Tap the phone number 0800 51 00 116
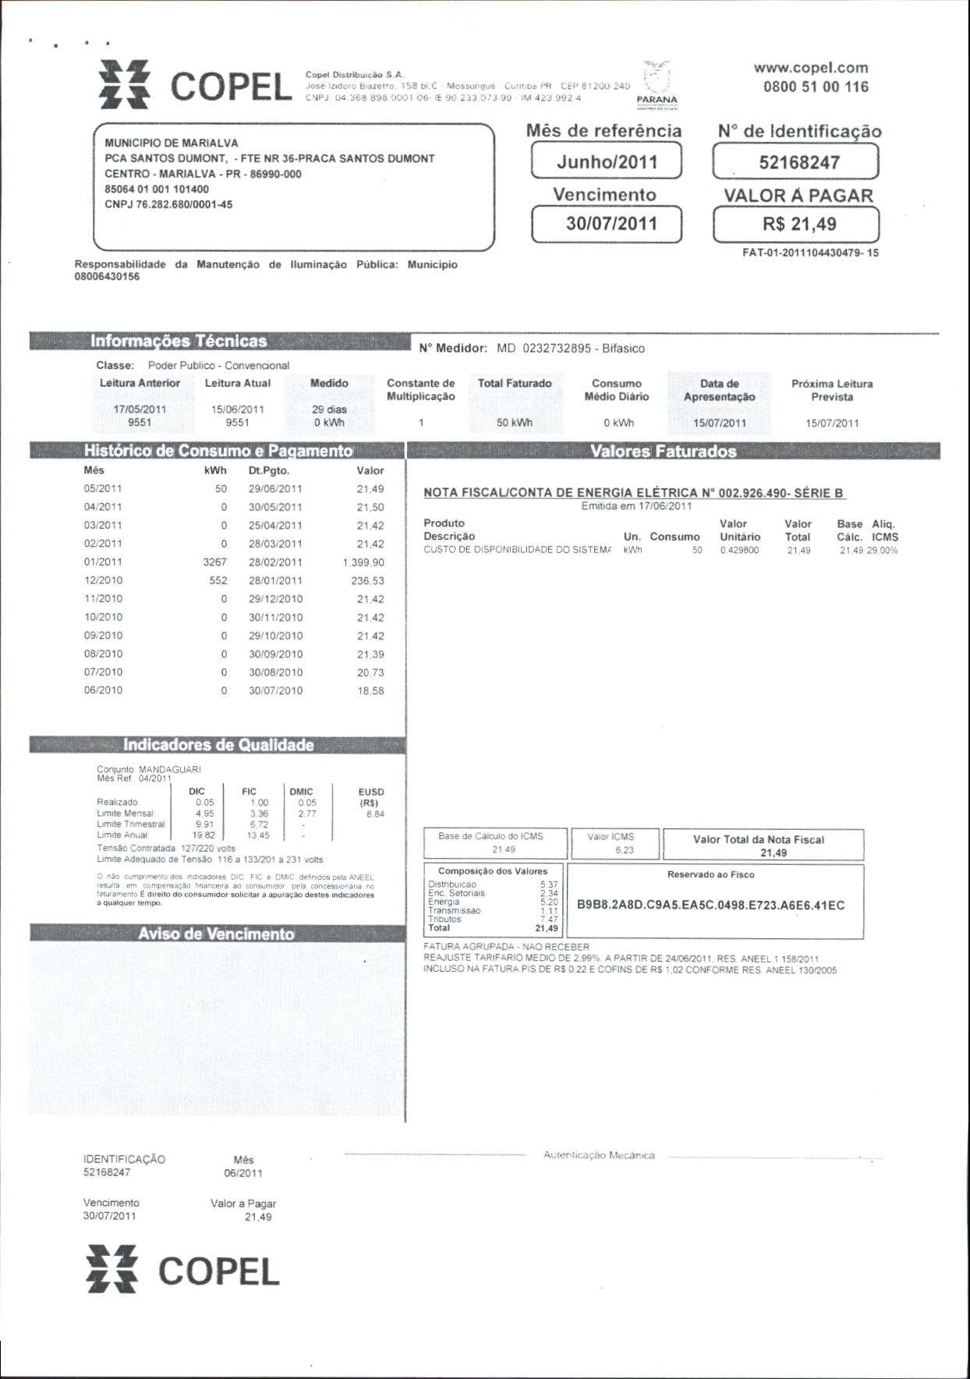(x=816, y=87)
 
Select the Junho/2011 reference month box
(x=607, y=162)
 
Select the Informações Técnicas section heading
(x=179, y=342)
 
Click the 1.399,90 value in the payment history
(x=363, y=562)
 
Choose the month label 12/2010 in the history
(x=103, y=580)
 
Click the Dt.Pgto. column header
(x=269, y=470)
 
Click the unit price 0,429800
(x=740, y=550)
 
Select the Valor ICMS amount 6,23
(x=624, y=850)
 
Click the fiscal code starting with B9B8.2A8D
(x=710, y=906)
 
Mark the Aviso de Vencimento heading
(x=216, y=934)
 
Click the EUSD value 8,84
(x=374, y=814)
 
